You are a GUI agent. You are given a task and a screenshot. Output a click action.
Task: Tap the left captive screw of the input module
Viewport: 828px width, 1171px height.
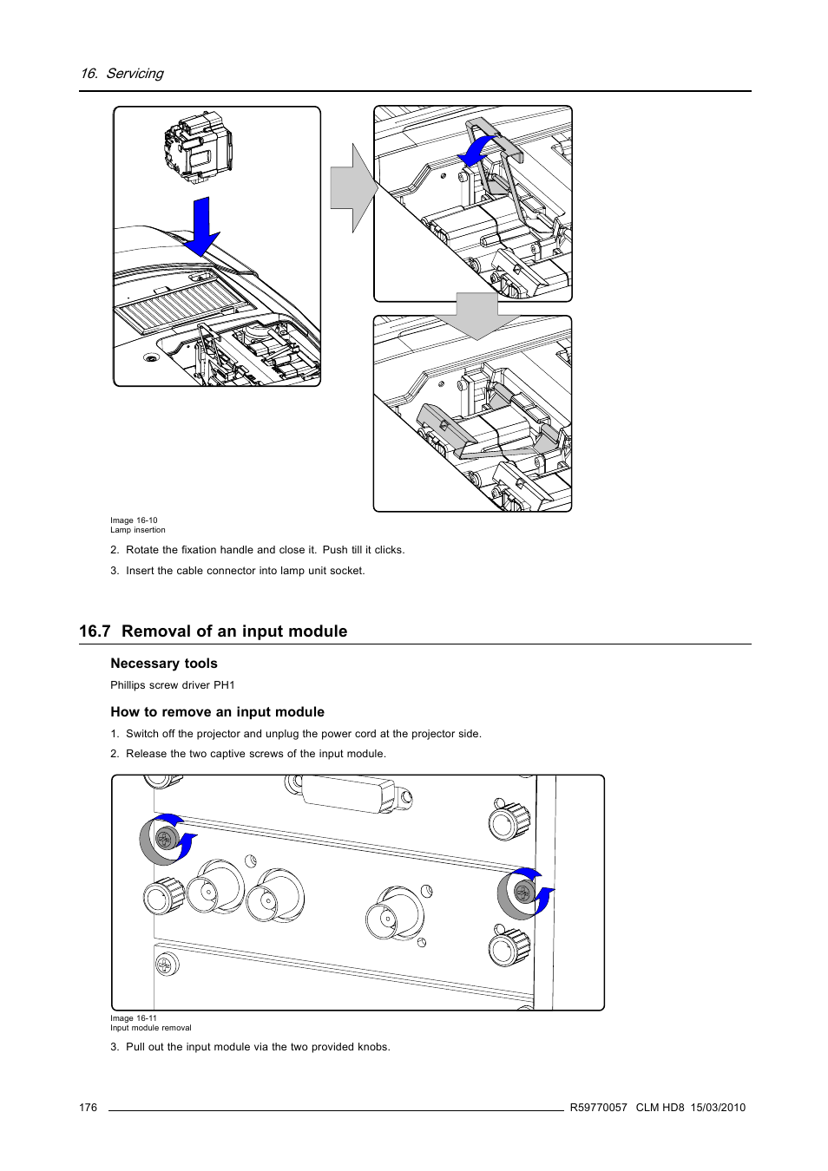click(164, 839)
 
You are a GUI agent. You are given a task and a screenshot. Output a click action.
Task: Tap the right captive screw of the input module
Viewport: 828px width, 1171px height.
click(522, 893)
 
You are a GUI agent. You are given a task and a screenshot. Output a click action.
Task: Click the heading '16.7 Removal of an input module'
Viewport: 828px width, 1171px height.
click(213, 631)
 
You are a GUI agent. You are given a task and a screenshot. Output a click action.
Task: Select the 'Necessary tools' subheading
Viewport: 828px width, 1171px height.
click(164, 664)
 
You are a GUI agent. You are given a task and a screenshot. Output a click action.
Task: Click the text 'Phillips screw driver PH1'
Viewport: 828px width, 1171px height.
click(173, 685)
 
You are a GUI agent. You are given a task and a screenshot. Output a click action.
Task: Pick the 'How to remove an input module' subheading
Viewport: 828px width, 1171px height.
click(217, 712)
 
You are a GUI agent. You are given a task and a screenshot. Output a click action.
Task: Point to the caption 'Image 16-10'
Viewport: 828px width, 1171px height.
click(134, 520)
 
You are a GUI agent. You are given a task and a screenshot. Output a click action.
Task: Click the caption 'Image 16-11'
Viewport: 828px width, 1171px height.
click(134, 1018)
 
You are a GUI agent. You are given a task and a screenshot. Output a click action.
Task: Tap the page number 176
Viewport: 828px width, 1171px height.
click(88, 1108)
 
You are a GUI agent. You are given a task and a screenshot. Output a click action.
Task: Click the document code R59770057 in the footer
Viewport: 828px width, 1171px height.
click(598, 1108)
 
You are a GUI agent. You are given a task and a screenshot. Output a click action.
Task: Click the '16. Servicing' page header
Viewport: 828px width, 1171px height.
click(122, 74)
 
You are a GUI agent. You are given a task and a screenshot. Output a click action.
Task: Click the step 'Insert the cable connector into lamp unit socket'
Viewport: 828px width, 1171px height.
click(245, 571)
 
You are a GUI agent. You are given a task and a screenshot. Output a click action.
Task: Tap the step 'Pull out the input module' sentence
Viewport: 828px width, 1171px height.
click(258, 1047)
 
